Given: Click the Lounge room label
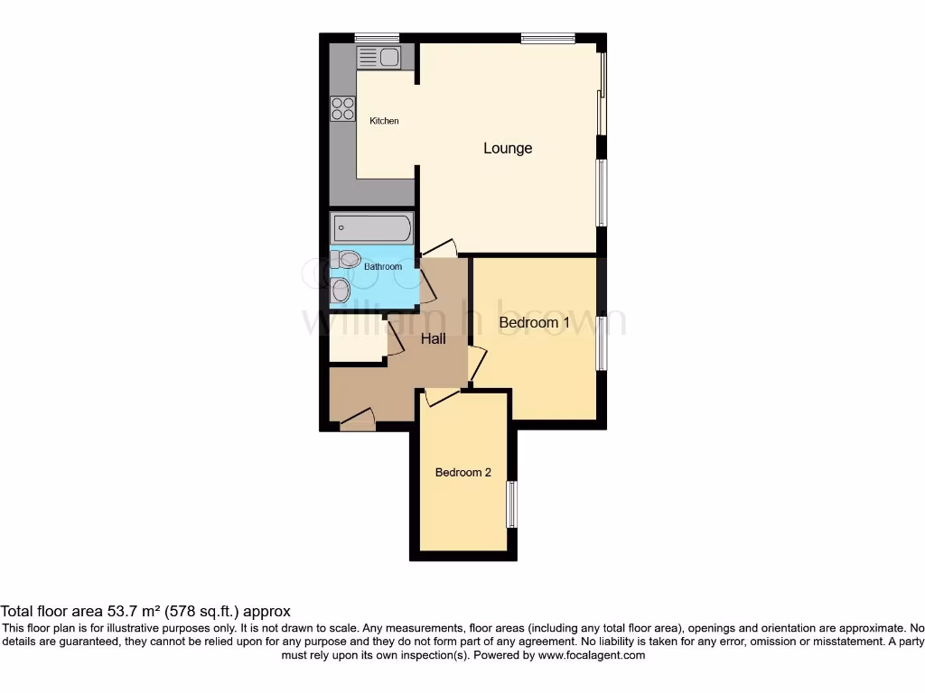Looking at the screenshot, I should [508, 148].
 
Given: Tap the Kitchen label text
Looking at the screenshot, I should [384, 121].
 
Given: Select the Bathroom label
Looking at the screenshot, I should [382, 267].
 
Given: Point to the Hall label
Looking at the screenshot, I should [434, 339].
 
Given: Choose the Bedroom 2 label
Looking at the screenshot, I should [462, 472].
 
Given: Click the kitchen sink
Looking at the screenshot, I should [378, 58].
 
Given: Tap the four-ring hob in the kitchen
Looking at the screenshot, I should [343, 108].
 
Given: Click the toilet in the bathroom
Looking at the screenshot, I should [346, 260].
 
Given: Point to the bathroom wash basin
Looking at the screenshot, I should [340, 291].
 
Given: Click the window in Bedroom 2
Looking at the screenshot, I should [511, 504].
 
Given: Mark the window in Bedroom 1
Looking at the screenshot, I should [601, 342].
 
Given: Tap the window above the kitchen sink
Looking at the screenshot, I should [377, 37].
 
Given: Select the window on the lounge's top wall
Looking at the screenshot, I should [547, 37].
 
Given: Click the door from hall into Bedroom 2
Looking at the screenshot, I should [441, 395].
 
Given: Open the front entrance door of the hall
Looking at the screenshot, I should [358, 420].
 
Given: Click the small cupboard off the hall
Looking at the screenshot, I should [358, 339].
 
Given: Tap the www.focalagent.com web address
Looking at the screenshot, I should [591, 656].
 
